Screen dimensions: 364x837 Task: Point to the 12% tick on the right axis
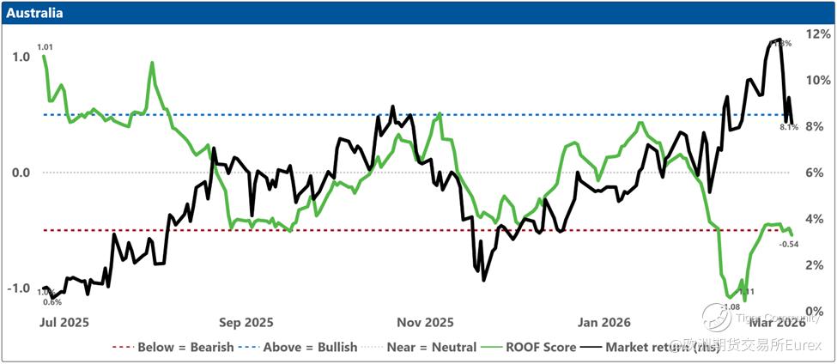[817, 33]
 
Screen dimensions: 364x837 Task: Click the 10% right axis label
[817, 80]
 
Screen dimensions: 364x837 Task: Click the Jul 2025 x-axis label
[64, 323]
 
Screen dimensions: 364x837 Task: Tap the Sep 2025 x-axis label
[246, 323]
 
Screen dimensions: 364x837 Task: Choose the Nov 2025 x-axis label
[426, 323]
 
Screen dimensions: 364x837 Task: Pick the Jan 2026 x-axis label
[604, 323]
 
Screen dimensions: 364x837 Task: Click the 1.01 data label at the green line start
[45, 46]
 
